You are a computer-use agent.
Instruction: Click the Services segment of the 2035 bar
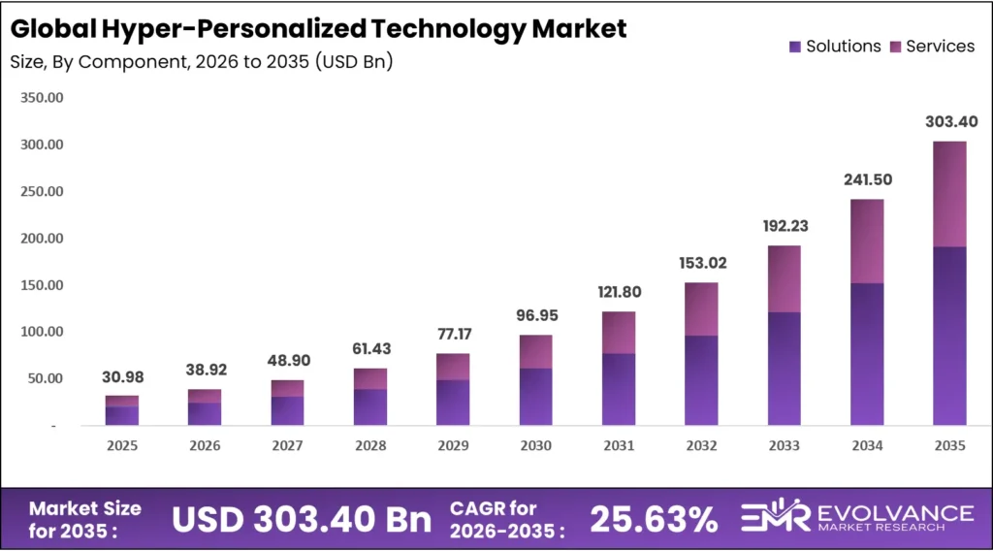pos(949,194)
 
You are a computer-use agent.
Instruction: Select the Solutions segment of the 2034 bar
pos(867,354)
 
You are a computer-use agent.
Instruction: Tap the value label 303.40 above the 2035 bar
pos(949,122)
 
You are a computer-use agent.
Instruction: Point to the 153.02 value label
pos(702,263)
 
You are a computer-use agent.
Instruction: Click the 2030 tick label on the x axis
pos(535,446)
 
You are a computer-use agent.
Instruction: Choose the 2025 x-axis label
pos(122,446)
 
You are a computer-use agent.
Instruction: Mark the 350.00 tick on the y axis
pos(42,98)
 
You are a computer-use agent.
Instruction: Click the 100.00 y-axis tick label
pos(42,332)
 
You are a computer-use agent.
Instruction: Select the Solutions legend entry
pos(835,47)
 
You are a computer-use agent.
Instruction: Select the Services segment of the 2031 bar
pos(619,333)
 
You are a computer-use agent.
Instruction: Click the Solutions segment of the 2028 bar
pos(370,407)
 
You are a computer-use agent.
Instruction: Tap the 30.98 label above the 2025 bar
pos(122,377)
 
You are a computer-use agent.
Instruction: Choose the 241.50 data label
pos(867,180)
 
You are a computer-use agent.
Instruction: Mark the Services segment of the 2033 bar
pos(785,279)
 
